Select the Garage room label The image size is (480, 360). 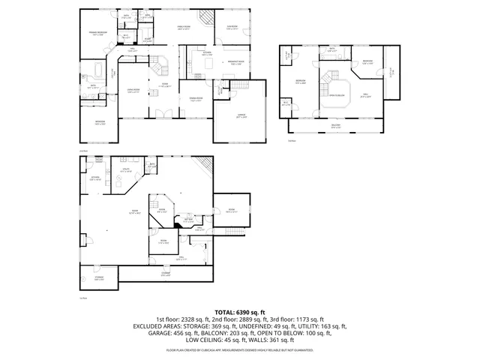click(x=240, y=117)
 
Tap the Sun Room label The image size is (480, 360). click(x=231, y=28)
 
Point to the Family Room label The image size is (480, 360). click(x=184, y=28)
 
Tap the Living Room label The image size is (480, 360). click(x=136, y=91)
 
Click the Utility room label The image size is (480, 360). click(x=127, y=171)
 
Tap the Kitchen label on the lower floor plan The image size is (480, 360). click(x=94, y=178)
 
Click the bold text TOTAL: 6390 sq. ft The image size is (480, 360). click(x=239, y=311)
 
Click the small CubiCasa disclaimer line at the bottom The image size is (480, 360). click(x=239, y=349)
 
